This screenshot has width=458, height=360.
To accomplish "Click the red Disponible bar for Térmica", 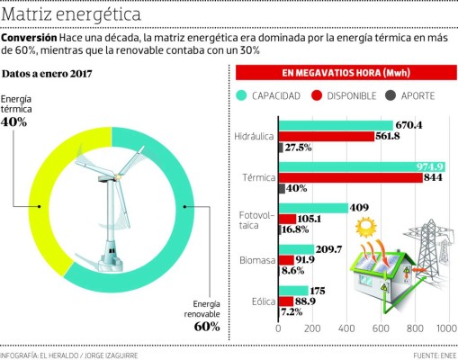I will pos(349,177).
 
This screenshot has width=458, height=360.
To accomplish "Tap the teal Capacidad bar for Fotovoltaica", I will pos(311,208).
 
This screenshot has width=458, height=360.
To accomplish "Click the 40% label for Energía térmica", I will pos(14,121).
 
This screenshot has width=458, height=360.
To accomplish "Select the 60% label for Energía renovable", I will pos(206,326).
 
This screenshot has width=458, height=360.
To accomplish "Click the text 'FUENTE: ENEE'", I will pos(434,355).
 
